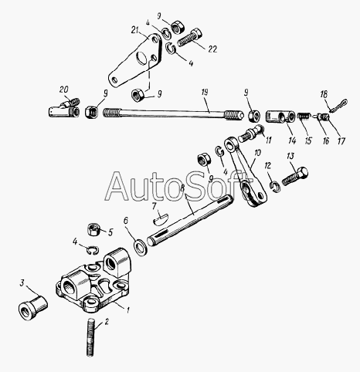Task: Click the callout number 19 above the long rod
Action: tap(205, 93)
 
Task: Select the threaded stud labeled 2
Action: tap(90, 337)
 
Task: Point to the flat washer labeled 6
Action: tap(141, 247)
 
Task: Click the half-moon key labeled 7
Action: tap(160, 218)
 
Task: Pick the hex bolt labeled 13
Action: tap(295, 176)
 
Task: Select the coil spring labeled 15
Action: tap(304, 117)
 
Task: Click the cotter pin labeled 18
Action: tap(338, 105)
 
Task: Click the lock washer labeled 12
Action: tap(275, 186)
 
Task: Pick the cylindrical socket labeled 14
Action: tap(280, 117)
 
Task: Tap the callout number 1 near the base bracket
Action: tap(127, 310)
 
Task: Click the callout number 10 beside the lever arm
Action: tap(257, 153)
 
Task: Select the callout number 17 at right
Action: tap(341, 141)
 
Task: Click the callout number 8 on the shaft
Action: tap(182, 188)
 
